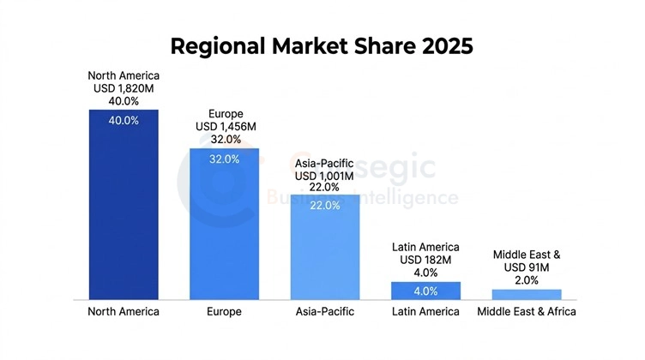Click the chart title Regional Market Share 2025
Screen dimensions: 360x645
(x=322, y=45)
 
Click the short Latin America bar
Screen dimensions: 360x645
(x=425, y=291)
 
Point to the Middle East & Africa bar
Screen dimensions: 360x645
(x=527, y=294)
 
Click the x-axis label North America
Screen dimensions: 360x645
(x=124, y=312)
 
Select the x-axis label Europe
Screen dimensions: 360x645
(x=224, y=312)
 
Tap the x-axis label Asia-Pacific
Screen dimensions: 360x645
(x=324, y=312)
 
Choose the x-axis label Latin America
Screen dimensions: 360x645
(x=425, y=312)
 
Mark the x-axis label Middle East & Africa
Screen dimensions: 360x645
(x=527, y=312)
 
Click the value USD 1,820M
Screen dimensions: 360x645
(x=124, y=87)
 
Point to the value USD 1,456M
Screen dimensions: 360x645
(x=225, y=126)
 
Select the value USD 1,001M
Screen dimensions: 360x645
(x=324, y=174)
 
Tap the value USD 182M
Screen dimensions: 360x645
(x=425, y=260)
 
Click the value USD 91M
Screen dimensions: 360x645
(x=527, y=267)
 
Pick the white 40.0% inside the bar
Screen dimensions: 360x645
(x=124, y=121)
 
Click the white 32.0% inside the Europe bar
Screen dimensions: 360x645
(x=225, y=159)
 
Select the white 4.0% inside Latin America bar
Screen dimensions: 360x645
(x=425, y=291)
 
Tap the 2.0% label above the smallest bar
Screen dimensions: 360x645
(x=527, y=279)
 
